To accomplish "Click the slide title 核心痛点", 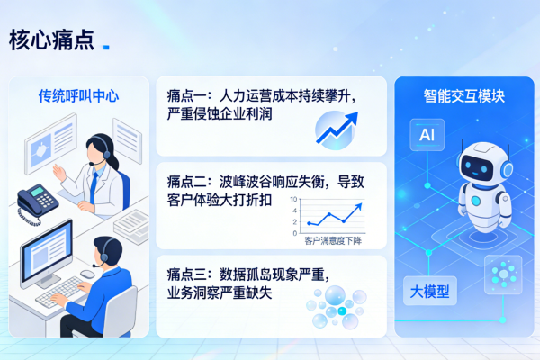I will point(51,40).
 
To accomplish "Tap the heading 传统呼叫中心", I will point(79,96).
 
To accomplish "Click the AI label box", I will point(426,136).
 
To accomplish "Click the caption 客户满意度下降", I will point(332,240).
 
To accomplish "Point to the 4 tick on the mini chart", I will point(294,211).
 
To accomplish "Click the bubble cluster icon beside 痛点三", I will point(334,306).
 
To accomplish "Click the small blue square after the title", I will point(107,46).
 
